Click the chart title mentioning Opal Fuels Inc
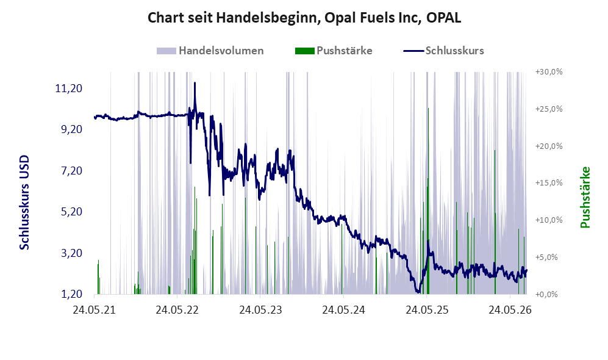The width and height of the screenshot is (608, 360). click(304, 18)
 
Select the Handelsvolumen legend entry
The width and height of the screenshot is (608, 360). click(210, 51)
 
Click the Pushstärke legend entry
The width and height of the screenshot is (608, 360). click(334, 51)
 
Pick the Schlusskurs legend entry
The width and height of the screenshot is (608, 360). click(443, 51)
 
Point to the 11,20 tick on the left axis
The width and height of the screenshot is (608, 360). click(69, 88)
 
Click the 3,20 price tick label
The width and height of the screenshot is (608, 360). click(72, 253)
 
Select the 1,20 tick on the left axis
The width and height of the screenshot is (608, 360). click(72, 294)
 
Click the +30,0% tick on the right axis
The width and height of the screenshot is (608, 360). click(549, 72)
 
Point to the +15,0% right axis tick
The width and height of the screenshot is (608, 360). click(549, 182)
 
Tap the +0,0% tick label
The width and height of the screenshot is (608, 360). click(546, 295)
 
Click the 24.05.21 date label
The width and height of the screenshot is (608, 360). click(95, 310)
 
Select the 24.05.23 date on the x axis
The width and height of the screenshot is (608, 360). click(260, 310)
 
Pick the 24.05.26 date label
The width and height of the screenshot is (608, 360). click(510, 310)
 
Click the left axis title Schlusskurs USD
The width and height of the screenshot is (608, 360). click(24, 203)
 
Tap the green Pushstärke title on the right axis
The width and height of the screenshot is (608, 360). click(585, 198)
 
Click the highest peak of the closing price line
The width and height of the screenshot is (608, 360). click(195, 82)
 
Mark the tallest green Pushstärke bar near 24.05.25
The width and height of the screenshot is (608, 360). click(428, 201)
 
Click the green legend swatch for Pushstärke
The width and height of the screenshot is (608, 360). click(304, 51)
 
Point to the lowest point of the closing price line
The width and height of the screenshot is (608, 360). click(418, 292)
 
